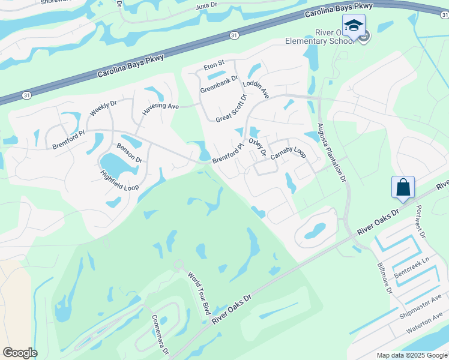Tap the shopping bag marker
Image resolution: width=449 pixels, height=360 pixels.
pyautogui.click(x=403, y=187)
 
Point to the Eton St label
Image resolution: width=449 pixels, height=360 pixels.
pyautogui.click(x=214, y=63)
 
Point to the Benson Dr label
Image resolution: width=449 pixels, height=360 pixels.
pyautogui.click(x=129, y=153)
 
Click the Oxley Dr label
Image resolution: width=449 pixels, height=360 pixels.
pyautogui.click(x=257, y=146)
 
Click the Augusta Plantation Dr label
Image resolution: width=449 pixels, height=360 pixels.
pyautogui.click(x=331, y=152)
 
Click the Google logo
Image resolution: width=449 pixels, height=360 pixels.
pyautogui.click(x=19, y=353)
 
